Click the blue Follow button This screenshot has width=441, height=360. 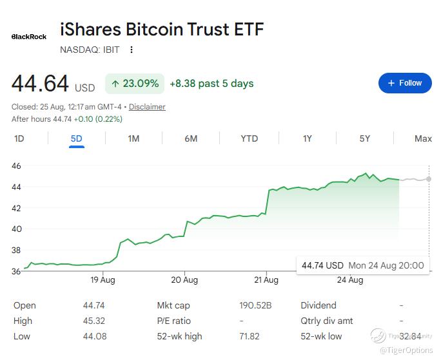click(x=405, y=83)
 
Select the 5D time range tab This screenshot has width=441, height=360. click(x=77, y=138)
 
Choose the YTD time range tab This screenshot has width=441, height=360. click(x=249, y=138)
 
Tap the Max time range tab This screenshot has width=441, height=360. click(x=423, y=138)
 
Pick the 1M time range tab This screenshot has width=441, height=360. click(x=133, y=138)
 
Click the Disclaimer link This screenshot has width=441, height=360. click(x=147, y=107)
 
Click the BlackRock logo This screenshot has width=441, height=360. click(x=29, y=37)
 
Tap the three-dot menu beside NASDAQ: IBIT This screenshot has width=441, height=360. click(x=132, y=50)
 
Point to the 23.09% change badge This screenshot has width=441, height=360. click(x=135, y=84)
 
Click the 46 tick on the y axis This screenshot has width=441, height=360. click(x=16, y=166)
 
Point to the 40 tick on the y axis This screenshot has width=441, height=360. click(x=16, y=229)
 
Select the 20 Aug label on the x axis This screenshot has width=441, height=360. click(x=184, y=280)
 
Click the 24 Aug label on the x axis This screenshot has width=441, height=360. click(x=350, y=280)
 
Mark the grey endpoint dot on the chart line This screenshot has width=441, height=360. click(x=429, y=179)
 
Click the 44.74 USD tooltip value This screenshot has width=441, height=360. click(x=322, y=265)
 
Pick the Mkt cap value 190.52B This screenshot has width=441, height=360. click(x=255, y=305)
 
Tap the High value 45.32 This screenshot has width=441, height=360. click(x=94, y=321)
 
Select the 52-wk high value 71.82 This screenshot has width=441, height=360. click(x=249, y=336)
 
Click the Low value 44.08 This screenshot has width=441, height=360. click(x=95, y=336)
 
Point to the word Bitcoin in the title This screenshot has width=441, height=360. click(x=154, y=29)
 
